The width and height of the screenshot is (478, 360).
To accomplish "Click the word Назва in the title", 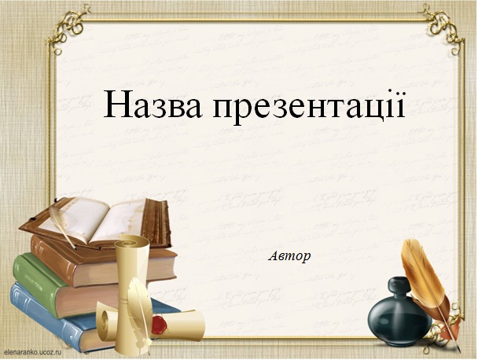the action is pyautogui.click(x=153, y=104).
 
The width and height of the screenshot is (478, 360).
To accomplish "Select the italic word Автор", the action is pyautogui.click(x=289, y=256).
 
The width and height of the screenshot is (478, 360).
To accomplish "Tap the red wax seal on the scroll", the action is pyautogui.click(x=159, y=324).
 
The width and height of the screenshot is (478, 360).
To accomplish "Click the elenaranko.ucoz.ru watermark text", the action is pyautogui.click(x=31, y=352).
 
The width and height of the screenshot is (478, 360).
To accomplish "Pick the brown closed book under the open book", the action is pyautogui.click(x=104, y=263).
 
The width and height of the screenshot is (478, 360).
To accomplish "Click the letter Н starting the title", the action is pyautogui.click(x=116, y=104).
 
